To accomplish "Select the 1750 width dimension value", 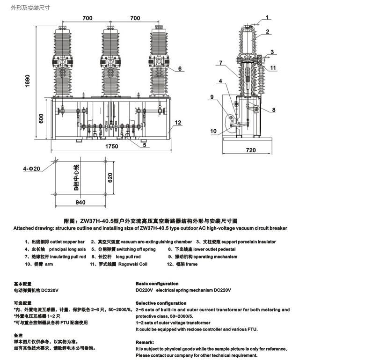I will point(111,146).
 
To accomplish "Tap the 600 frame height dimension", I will point(41,119).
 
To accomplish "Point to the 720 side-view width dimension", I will point(251,150).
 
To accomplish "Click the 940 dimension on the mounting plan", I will point(80,202).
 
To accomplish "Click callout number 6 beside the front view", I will point(179,69).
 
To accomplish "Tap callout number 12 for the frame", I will point(178,123).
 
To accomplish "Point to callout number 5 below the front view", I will point(144,145).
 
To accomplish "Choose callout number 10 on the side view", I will point(213,131).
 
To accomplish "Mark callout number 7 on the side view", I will point(219,63).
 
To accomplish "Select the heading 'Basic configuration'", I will point(157,284).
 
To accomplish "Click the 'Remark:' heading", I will point(146,342).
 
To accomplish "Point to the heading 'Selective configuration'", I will point(161,303).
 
